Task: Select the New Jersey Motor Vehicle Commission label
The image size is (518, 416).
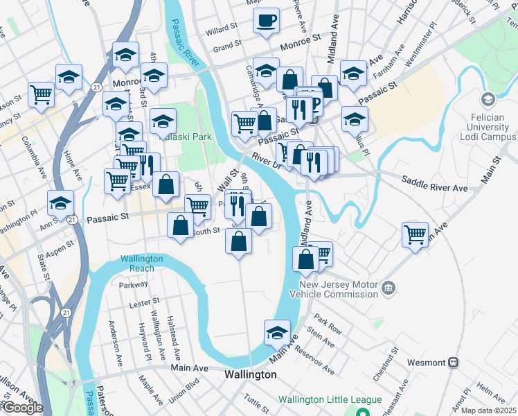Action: (339, 290)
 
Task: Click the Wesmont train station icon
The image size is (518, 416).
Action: (454, 362)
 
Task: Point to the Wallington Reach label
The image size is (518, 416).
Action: (142, 263)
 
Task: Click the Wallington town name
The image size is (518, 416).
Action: (251, 374)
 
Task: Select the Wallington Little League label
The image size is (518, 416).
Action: (330, 399)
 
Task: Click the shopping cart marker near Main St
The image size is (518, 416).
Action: (415, 234)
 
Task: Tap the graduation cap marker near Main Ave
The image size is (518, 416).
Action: (277, 332)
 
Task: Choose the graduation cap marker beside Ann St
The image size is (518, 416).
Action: (60, 202)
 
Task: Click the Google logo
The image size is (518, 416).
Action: (22, 408)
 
